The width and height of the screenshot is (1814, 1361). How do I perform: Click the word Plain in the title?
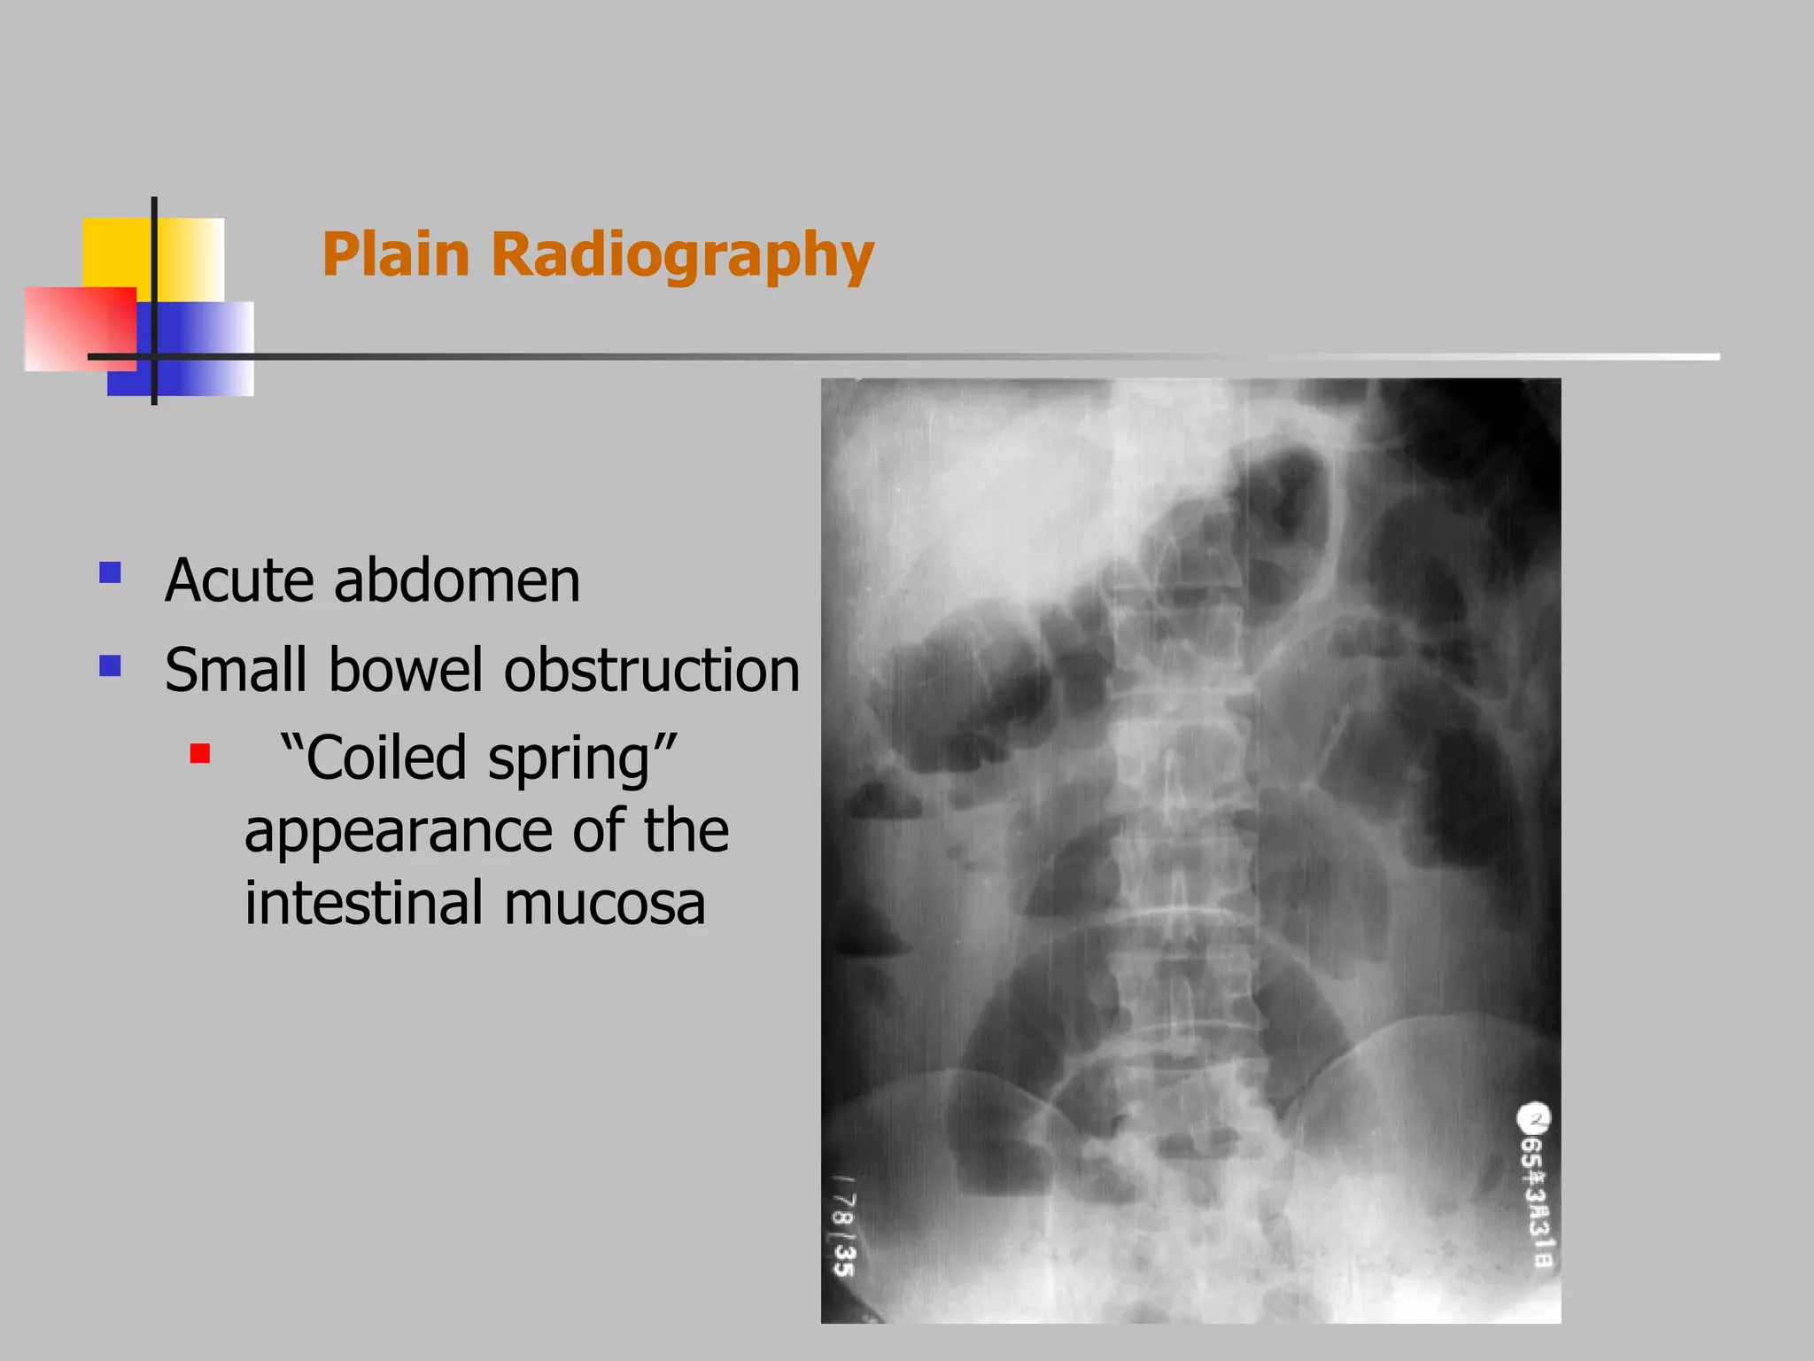pyautogui.click(x=395, y=255)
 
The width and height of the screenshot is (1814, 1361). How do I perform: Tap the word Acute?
pyautogui.click(x=239, y=581)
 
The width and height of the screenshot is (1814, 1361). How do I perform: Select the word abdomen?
pyautogui.click(x=457, y=581)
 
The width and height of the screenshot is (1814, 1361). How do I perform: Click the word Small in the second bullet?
pyautogui.click(x=236, y=670)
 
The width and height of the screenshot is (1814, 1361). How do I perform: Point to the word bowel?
pyautogui.click(x=407, y=670)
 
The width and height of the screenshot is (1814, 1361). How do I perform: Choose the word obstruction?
pyautogui.click(x=652, y=670)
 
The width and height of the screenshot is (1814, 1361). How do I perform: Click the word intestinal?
pyautogui.click(x=364, y=903)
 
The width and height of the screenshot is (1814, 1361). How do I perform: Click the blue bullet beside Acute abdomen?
pyautogui.click(x=111, y=573)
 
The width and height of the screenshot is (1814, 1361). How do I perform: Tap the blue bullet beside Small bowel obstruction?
pyautogui.click(x=111, y=665)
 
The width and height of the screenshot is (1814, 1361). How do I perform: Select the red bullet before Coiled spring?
pyautogui.click(x=200, y=754)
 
